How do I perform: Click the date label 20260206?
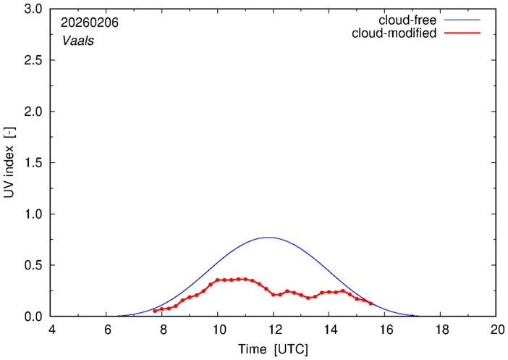90,23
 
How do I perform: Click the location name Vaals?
77,41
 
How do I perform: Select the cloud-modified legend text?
394,34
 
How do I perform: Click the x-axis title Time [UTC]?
274,349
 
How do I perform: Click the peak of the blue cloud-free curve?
268,237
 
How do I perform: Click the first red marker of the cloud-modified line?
154,311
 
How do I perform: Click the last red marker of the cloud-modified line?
371,304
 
